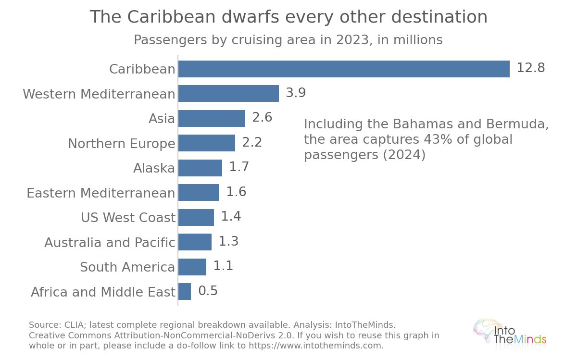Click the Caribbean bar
click(344, 69)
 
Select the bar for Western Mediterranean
click(228, 93)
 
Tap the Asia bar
click(212, 118)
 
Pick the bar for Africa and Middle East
click(185, 291)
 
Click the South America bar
click(192, 267)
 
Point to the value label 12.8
click(531, 68)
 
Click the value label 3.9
click(296, 92)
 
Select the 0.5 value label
click(208, 291)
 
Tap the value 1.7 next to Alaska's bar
click(239, 167)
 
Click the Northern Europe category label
click(122, 143)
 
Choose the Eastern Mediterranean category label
click(101, 193)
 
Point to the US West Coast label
click(128, 217)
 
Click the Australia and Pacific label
click(110, 242)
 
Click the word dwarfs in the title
click(250, 17)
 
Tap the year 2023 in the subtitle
click(352, 40)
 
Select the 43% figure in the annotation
click(438, 139)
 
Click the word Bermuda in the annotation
click(517, 124)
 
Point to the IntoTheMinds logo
click(510, 332)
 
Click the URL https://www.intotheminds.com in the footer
click(316, 346)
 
